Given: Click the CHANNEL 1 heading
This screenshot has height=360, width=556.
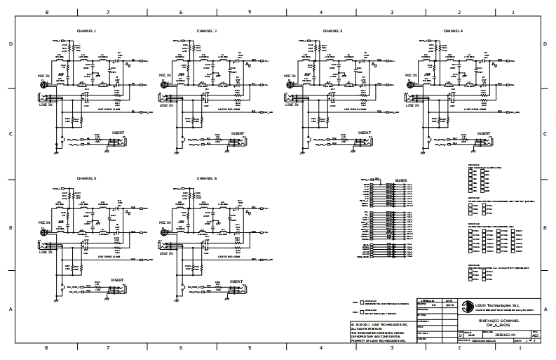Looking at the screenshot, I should coord(86,32).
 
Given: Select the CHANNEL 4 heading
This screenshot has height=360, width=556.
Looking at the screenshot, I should coord(453,32).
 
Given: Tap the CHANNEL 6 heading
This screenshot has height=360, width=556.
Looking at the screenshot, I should coord(206,178).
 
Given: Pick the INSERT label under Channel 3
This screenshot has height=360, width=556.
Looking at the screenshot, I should coord(364,132).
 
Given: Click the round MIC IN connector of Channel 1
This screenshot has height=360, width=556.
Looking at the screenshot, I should coord(41,86).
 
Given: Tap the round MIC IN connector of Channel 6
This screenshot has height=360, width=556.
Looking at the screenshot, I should coord(164,232).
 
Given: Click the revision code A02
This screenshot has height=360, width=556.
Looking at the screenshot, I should coord(536,335).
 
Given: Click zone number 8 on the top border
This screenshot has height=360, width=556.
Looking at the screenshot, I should coord(47,12).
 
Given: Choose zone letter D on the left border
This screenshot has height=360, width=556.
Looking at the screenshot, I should coord(10,44).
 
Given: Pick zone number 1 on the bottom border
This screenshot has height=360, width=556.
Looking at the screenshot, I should coord(513,348).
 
